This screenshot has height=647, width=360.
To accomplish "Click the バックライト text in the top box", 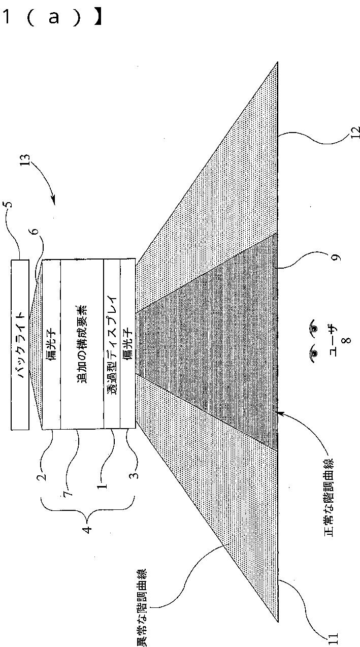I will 21,345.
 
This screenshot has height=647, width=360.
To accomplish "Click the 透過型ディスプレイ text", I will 112,346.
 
